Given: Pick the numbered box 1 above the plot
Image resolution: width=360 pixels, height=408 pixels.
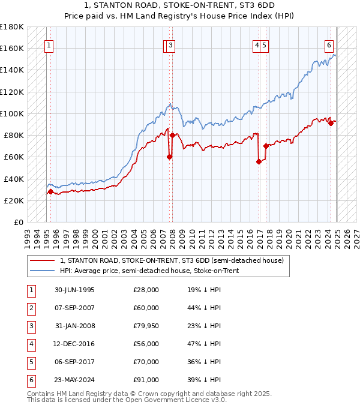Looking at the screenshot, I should point(49,44).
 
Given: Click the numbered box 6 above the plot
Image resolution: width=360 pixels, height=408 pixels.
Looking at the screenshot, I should point(329,44).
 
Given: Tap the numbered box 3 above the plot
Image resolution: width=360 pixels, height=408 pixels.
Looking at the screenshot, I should point(171,44).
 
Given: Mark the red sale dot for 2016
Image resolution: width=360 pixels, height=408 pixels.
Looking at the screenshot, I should point(259,161).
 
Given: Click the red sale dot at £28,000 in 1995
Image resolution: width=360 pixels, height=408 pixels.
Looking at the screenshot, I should point(50,191).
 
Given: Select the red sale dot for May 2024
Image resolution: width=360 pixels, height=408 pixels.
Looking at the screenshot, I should point(331,123).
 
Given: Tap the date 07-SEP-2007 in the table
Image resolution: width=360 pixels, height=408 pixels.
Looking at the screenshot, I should point(74,308).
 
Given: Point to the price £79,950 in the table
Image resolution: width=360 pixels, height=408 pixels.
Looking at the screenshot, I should point(146,326).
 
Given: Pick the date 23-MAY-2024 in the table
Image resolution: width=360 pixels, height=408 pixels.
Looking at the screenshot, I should point(74,380).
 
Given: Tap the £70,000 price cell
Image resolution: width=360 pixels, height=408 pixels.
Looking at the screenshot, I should point(146,362).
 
